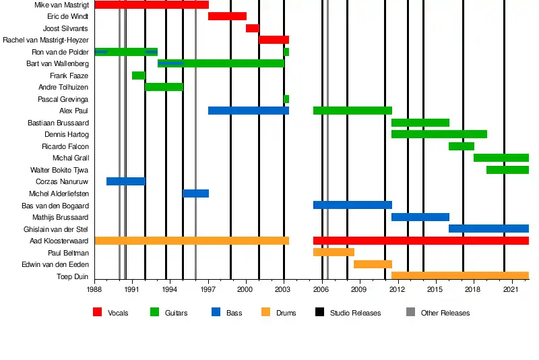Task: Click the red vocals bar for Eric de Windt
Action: click(x=227, y=16)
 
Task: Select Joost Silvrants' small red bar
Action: click(x=252, y=28)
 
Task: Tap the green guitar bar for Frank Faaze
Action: click(x=138, y=76)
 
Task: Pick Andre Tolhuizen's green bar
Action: click(x=164, y=87)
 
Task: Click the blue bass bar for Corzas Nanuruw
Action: click(x=125, y=181)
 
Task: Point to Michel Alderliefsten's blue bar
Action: click(x=195, y=193)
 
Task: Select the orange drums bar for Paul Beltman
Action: click(x=334, y=252)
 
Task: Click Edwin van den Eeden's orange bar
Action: click(x=373, y=264)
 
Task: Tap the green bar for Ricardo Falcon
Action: click(x=462, y=146)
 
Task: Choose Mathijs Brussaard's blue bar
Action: click(x=420, y=217)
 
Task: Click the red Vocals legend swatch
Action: click(x=98, y=313)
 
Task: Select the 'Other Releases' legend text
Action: click(x=445, y=313)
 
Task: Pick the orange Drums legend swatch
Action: click(x=265, y=313)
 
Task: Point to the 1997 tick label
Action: click(x=208, y=289)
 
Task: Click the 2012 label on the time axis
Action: click(x=397, y=289)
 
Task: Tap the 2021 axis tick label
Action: click(x=511, y=289)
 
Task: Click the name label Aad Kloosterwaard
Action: click(x=59, y=241)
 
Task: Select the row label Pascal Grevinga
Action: click(x=63, y=99)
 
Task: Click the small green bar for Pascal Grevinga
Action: click(x=286, y=99)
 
